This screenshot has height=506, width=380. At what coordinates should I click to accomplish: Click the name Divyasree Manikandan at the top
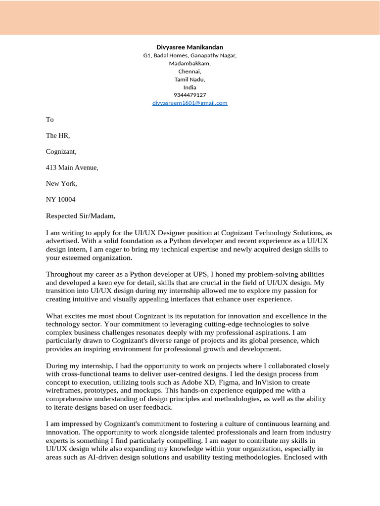[x=190, y=47]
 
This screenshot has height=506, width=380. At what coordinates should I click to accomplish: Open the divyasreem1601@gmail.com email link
[x=190, y=103]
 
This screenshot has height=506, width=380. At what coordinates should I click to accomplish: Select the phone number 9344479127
[x=190, y=95]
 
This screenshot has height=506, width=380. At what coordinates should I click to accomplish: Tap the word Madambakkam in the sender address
[x=190, y=63]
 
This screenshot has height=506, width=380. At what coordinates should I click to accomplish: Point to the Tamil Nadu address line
[x=190, y=79]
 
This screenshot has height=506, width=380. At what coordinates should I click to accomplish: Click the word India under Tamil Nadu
[x=190, y=87]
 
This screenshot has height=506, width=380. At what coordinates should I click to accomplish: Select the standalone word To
[x=49, y=120]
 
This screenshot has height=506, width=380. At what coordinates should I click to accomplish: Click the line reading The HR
[x=58, y=135]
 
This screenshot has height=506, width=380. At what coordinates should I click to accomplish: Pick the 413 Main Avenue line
[x=72, y=168]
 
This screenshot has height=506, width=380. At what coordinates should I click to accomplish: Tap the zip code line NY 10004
[x=60, y=199]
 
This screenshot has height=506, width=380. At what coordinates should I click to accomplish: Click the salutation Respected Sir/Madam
[x=81, y=215]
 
